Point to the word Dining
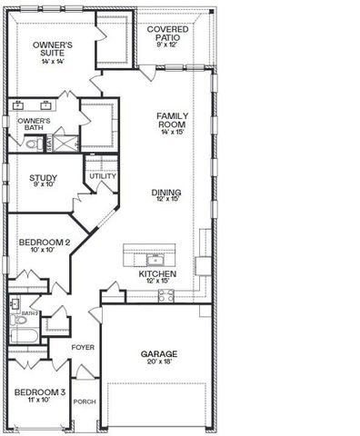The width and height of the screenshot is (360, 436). click(166, 193)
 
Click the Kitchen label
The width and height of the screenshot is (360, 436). click(157, 273)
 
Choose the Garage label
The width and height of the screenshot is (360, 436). click(158, 353)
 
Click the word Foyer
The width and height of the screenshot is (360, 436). click(83, 346)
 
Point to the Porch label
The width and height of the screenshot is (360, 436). click(85, 401)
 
